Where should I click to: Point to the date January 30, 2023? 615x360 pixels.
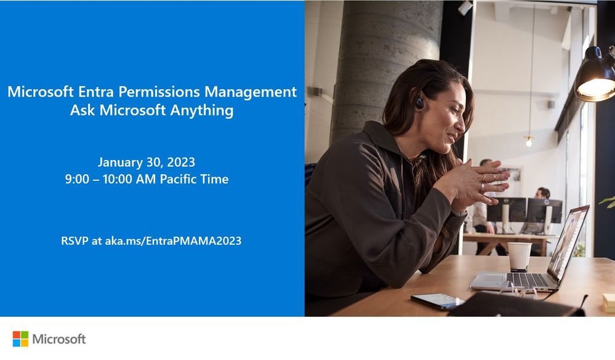pyautogui.click(x=147, y=162)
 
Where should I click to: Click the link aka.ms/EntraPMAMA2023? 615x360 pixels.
pyautogui.click(x=173, y=241)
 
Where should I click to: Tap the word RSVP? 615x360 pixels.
pyautogui.click(x=74, y=241)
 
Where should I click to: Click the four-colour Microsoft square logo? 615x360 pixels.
pyautogui.click(x=20, y=339)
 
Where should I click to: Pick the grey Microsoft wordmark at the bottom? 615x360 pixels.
pyautogui.click(x=59, y=339)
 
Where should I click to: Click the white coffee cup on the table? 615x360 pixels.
pyautogui.click(x=519, y=257)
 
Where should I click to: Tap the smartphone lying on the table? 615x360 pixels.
pyautogui.click(x=437, y=300)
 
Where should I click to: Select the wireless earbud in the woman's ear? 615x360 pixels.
pyautogui.click(x=419, y=103)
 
